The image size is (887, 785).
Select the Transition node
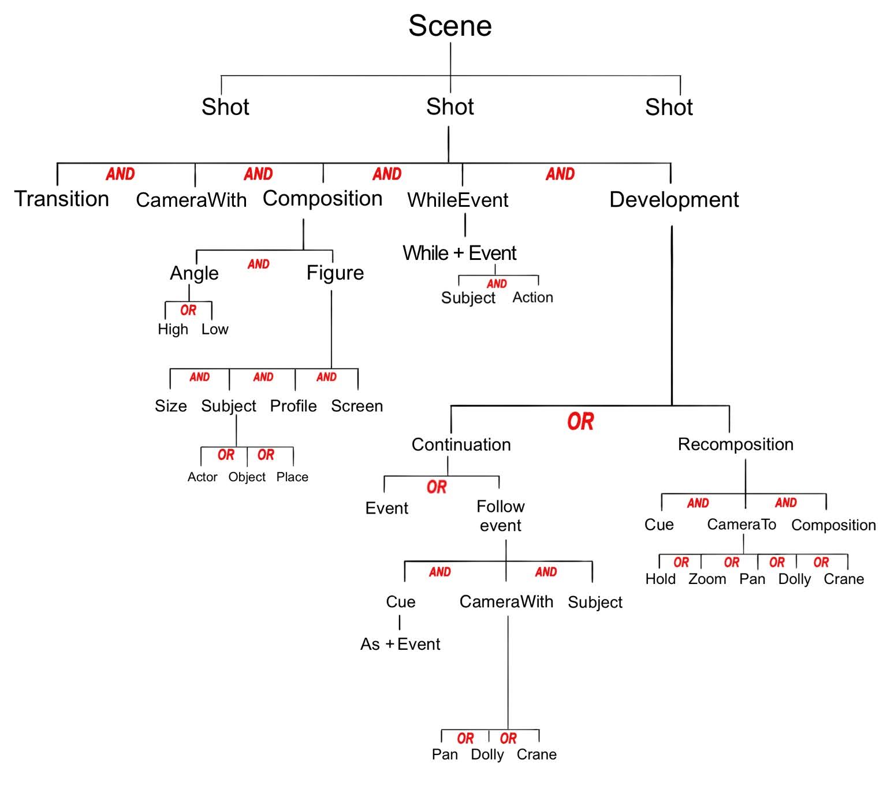click(62, 199)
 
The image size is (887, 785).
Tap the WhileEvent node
click(457, 200)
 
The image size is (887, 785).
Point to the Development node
click(674, 200)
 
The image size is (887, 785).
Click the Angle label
click(194, 273)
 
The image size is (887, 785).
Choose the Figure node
click(335, 273)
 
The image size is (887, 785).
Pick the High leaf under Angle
click(173, 329)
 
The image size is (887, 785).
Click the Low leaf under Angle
click(214, 329)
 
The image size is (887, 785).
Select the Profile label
click(293, 405)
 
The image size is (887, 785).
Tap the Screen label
click(357, 405)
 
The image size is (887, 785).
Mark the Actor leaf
click(202, 477)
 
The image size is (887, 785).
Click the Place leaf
click(292, 477)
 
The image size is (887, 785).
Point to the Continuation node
click(461, 444)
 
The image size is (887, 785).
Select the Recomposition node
click(736, 444)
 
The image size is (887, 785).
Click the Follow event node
click(501, 516)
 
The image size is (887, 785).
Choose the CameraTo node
click(741, 524)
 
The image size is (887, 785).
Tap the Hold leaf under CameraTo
click(660, 579)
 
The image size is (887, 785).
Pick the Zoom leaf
click(707, 579)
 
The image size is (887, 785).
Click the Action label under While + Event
click(533, 297)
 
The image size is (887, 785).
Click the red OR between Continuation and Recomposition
click(580, 422)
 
